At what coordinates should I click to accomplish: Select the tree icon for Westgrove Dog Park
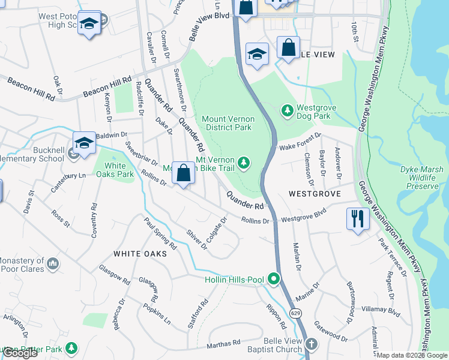pyautogui.click(x=287, y=110)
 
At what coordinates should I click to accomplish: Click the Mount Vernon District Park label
pyautogui.click(x=228, y=124)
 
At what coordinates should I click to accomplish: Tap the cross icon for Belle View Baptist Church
pyautogui.click(x=311, y=344)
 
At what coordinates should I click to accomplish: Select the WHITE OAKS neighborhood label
pyautogui.click(x=139, y=254)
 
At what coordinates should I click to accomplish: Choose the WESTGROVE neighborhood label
pyautogui.click(x=315, y=194)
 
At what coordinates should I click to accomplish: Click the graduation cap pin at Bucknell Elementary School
pyautogui.click(x=84, y=143)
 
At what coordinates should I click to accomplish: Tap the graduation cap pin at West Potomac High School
pyautogui.click(x=89, y=23)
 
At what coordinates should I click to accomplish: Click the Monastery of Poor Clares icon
pyautogui.click(x=53, y=263)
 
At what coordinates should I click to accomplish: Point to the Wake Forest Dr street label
pyautogui.click(x=300, y=142)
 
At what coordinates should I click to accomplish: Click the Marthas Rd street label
pyautogui.click(x=223, y=344)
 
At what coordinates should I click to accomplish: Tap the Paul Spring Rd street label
pyautogui.click(x=160, y=233)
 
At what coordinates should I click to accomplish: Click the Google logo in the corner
pyautogui.click(x=20, y=353)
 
